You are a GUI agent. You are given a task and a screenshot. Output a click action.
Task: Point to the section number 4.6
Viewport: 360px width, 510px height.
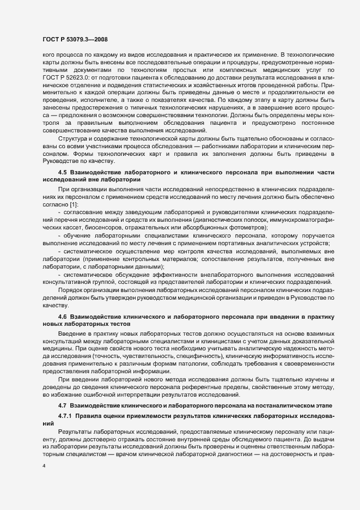[x=62, y=317]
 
